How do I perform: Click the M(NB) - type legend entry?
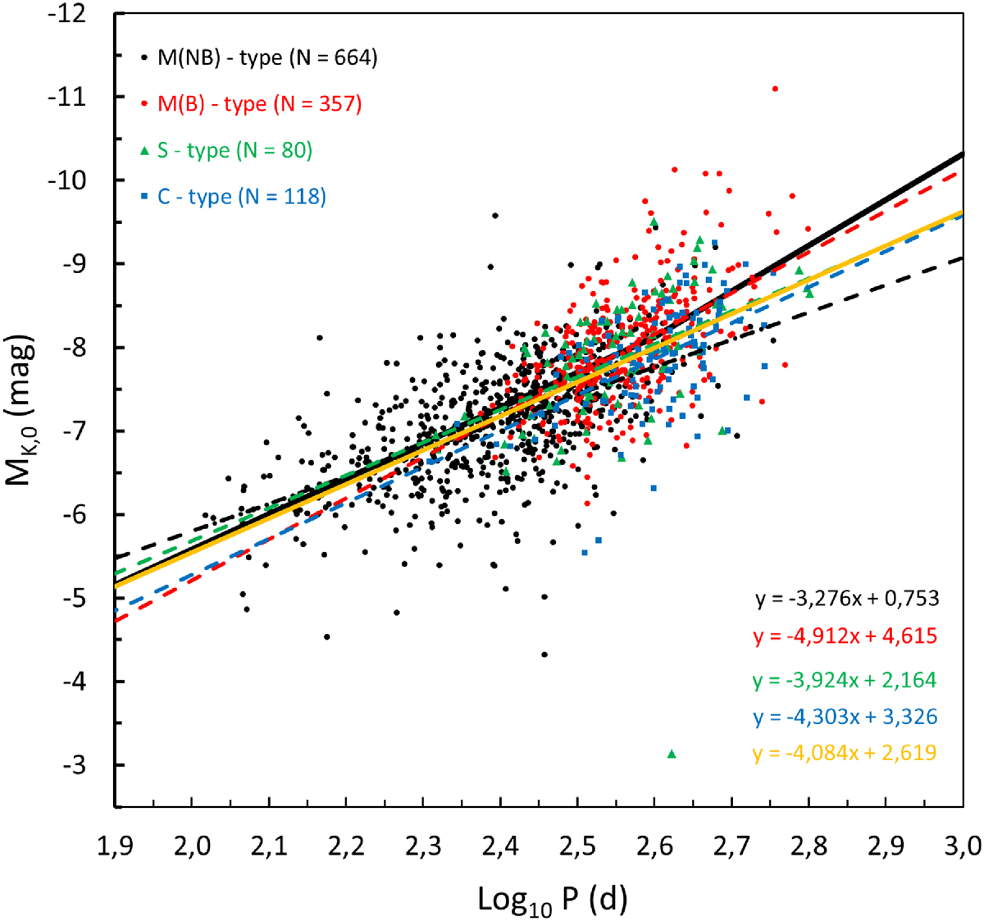point(259,58)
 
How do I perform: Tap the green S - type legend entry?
point(226,151)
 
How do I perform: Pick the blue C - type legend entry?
point(234,197)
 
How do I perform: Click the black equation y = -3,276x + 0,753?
point(847,599)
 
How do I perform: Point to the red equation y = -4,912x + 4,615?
point(845,636)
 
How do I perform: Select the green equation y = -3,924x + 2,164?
point(845,680)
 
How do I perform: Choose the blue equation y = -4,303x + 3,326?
point(845,717)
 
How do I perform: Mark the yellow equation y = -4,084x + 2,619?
point(845,753)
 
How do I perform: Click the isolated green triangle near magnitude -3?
point(672,754)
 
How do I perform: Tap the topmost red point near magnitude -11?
point(775,89)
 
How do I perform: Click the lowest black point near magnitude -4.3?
point(544,654)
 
